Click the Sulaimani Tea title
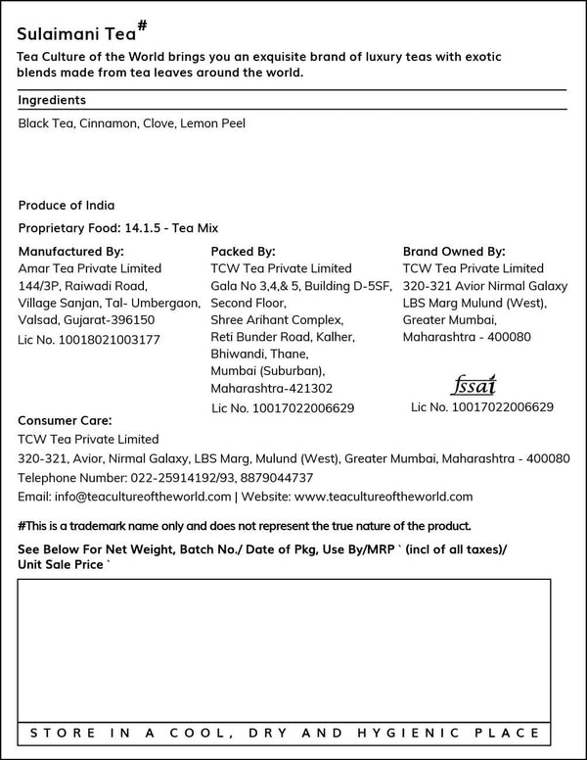(x=70, y=33)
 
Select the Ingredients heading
(x=52, y=100)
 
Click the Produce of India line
(x=67, y=206)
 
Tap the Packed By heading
(x=243, y=251)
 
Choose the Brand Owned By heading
(x=454, y=251)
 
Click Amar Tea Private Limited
(x=90, y=268)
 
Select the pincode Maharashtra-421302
(x=272, y=389)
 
